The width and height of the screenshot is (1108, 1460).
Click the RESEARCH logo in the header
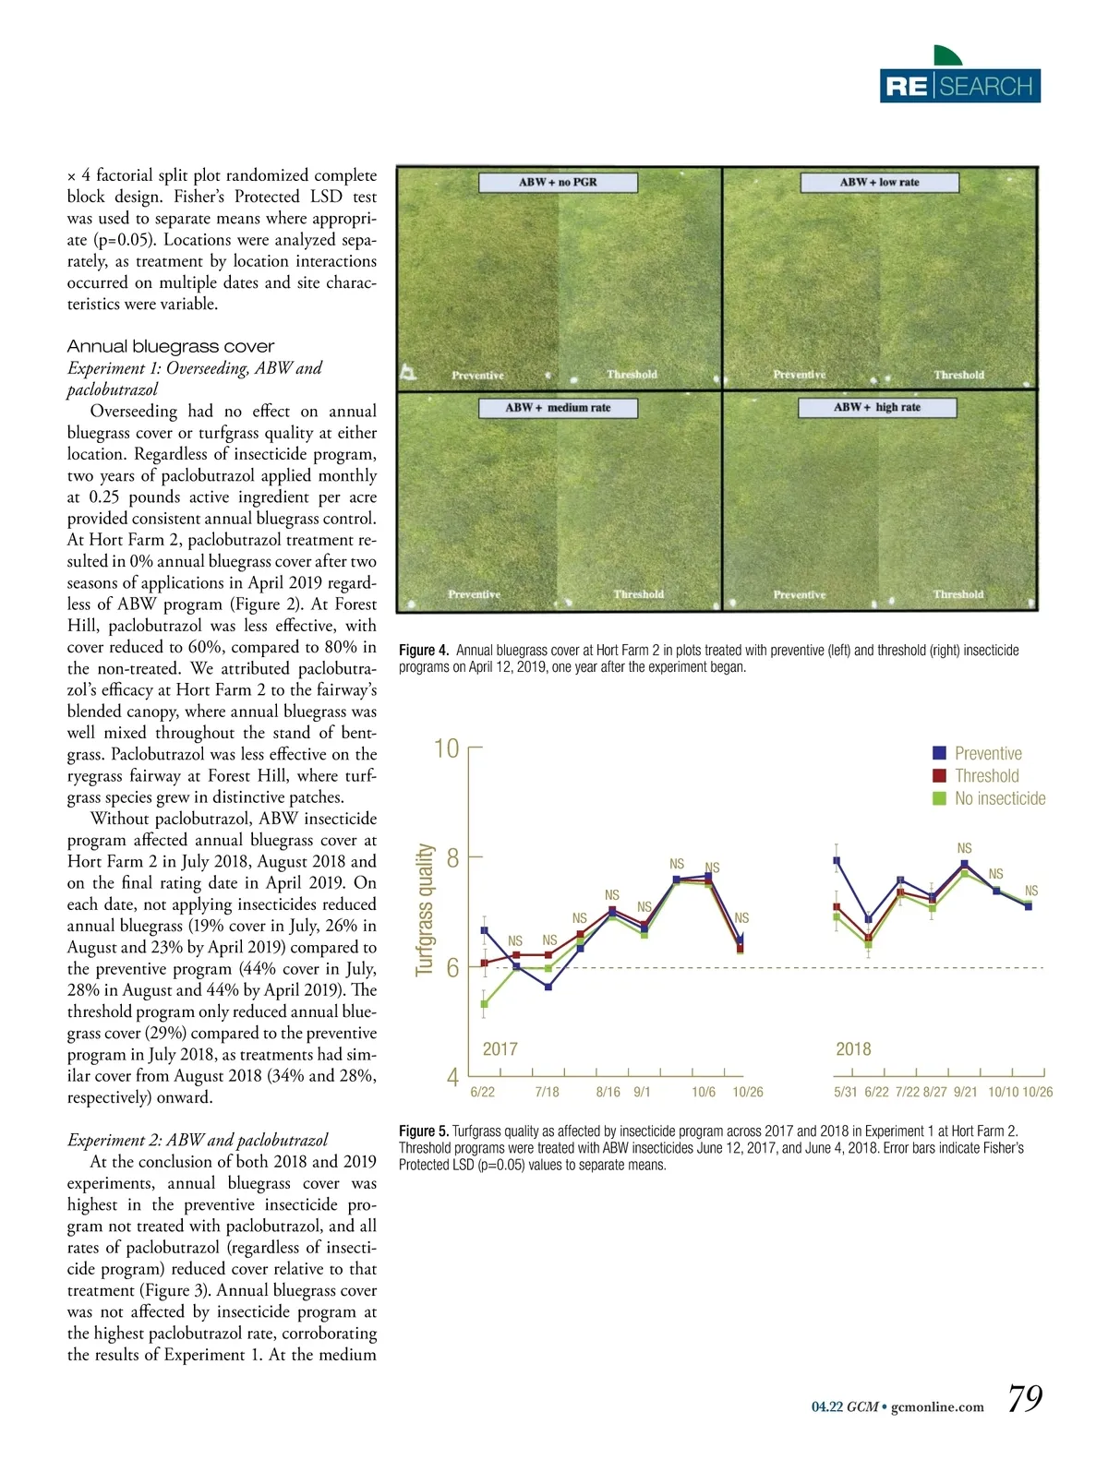(x=959, y=85)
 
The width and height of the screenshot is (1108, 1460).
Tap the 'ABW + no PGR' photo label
(x=558, y=182)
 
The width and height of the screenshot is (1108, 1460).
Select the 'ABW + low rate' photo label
(x=879, y=182)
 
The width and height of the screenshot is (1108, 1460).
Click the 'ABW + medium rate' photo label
(x=558, y=407)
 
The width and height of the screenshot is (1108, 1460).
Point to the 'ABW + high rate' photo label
(x=876, y=407)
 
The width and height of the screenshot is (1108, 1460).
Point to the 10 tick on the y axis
(x=447, y=748)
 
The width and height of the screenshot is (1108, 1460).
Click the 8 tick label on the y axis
(x=452, y=858)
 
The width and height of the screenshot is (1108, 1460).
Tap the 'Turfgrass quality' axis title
(x=425, y=909)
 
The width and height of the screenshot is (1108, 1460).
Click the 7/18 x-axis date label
(x=547, y=1092)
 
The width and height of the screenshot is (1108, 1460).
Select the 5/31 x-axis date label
(x=845, y=1092)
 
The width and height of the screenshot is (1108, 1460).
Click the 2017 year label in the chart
(x=500, y=1049)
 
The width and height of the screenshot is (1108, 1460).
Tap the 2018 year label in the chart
(x=853, y=1049)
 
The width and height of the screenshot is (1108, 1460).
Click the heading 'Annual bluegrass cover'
(x=171, y=346)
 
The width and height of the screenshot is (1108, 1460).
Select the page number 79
(x=1024, y=1398)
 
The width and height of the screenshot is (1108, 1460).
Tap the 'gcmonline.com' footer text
(x=937, y=1407)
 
